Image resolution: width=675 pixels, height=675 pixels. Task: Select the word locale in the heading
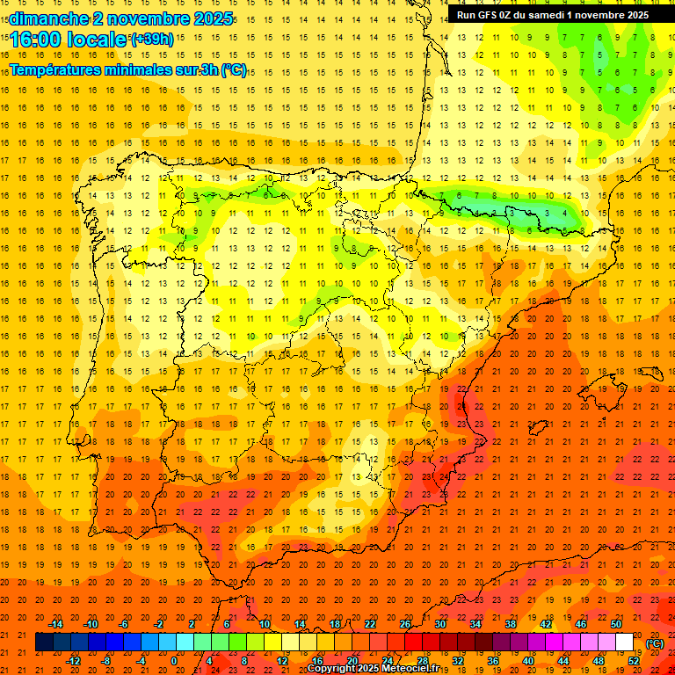point(101,40)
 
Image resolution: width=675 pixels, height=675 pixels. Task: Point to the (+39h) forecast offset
point(152,39)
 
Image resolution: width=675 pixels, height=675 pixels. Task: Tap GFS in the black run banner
point(489,15)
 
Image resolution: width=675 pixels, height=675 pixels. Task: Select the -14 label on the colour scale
point(55,624)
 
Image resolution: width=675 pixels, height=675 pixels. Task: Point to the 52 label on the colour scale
point(634,661)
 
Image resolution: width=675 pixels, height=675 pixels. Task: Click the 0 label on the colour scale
point(174,661)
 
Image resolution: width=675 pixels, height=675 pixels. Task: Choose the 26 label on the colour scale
point(405,624)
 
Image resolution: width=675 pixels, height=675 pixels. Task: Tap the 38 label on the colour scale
point(511,624)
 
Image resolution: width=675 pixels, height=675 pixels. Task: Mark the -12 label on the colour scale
point(73,661)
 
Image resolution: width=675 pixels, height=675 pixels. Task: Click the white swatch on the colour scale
point(624,642)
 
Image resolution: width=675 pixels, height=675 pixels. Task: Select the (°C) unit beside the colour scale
point(655,643)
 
